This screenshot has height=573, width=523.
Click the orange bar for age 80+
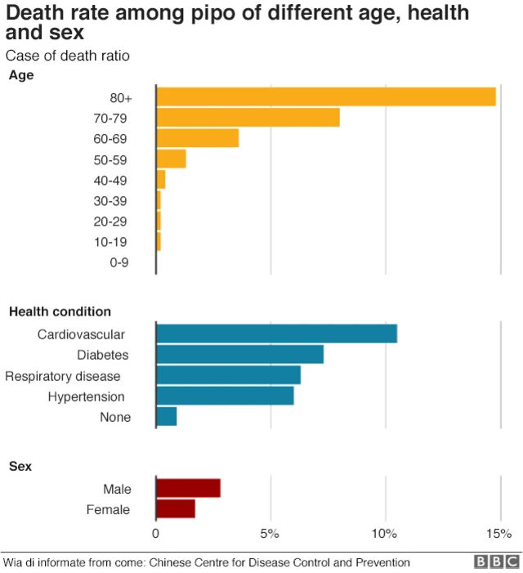pyautogui.click(x=326, y=96)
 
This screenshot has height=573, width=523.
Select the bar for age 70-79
pyautogui.click(x=248, y=118)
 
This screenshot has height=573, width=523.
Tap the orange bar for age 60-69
pyautogui.click(x=197, y=138)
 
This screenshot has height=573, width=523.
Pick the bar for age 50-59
pyautogui.click(x=171, y=159)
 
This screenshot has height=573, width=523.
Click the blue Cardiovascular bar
pyautogui.click(x=276, y=334)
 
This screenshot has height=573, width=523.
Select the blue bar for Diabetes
pyautogui.click(x=239, y=354)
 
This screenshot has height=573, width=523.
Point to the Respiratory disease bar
pyautogui.click(x=228, y=375)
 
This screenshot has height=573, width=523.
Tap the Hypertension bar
pyautogui.click(x=225, y=396)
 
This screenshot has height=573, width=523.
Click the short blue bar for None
pyautogui.click(x=166, y=417)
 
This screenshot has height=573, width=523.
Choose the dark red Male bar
pyautogui.click(x=188, y=488)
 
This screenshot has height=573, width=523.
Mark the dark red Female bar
pyautogui.click(x=176, y=509)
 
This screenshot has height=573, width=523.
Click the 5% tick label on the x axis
pyautogui.click(x=270, y=534)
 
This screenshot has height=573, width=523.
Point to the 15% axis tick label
pyautogui.click(x=498, y=534)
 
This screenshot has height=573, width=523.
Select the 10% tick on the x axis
pyautogui.click(x=384, y=534)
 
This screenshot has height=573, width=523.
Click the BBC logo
pyautogui.click(x=497, y=562)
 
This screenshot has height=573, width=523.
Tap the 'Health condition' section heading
pyautogui.click(x=60, y=311)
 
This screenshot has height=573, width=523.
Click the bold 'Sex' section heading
pyautogui.click(x=20, y=466)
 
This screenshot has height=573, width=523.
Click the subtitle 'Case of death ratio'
pyautogui.click(x=68, y=56)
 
